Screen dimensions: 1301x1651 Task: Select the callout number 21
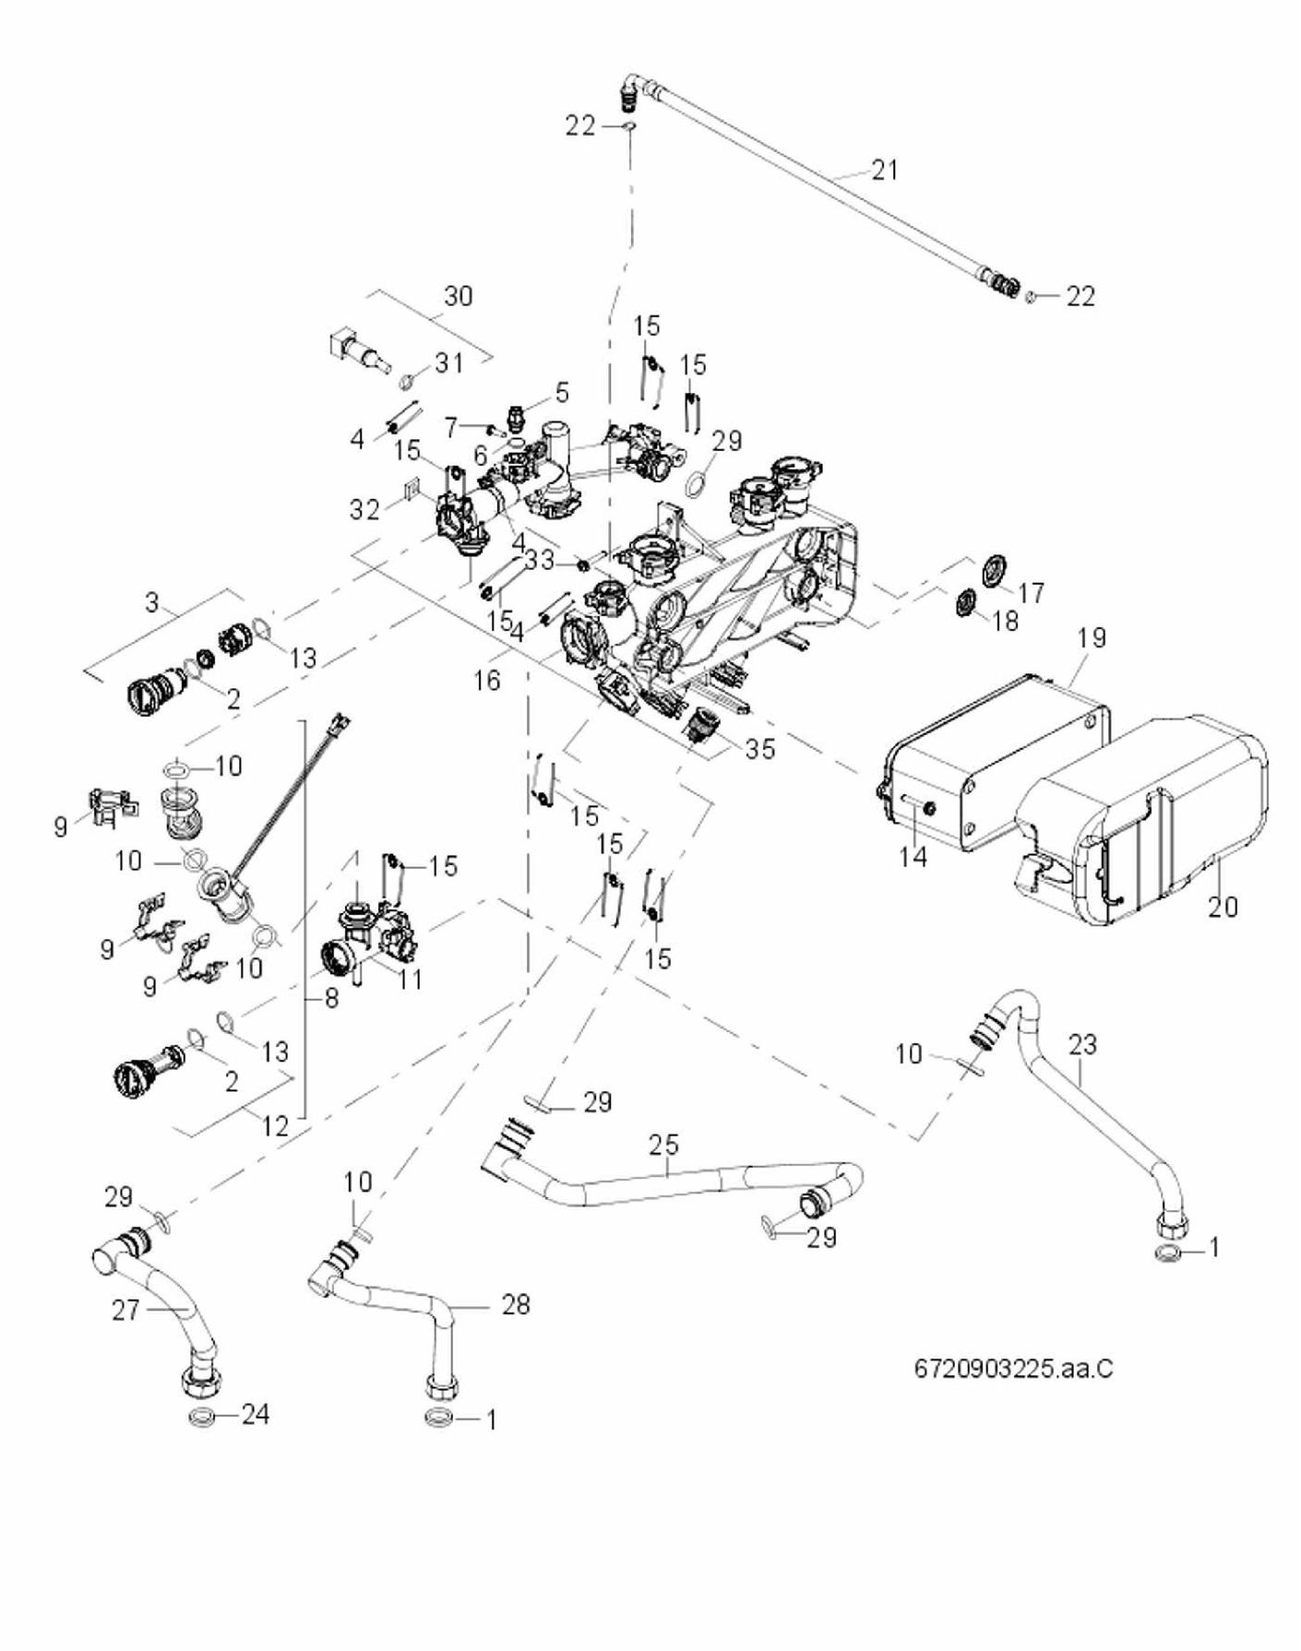[x=884, y=170]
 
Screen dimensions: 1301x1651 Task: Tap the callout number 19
[x=1092, y=637]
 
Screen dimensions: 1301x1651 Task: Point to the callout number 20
[x=1223, y=907]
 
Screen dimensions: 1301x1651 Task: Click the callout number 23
[x=1083, y=1044]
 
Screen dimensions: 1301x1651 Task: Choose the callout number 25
[x=663, y=1145]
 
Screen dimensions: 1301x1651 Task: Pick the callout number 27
[x=126, y=1310]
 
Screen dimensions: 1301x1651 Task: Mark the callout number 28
[x=516, y=1304]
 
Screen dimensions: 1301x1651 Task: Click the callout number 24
[x=255, y=1414]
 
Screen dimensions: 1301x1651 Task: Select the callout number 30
[x=458, y=296]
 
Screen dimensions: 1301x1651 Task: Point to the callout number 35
[x=760, y=749]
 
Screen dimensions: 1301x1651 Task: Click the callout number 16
[x=486, y=681]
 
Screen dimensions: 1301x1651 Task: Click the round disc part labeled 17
[x=995, y=569]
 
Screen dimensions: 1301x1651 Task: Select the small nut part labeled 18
[x=965, y=604]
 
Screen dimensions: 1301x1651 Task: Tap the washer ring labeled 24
[x=202, y=1416]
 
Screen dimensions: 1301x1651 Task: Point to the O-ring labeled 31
[x=407, y=381]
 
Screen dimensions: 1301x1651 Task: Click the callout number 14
[x=913, y=857]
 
